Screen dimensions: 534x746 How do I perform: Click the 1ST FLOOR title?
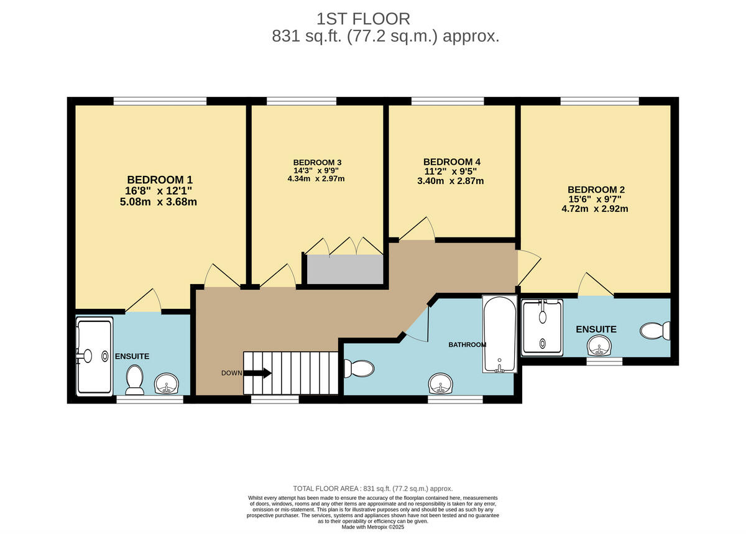coord(363,18)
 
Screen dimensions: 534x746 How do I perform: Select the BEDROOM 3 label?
coord(318,162)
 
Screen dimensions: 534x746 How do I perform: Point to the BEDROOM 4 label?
coord(451,162)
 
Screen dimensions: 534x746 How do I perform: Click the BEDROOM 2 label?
coord(596,189)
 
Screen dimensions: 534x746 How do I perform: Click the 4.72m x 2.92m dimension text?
coord(595,209)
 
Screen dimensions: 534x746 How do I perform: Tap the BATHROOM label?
coord(467,344)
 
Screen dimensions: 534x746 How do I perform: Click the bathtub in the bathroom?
coord(499,334)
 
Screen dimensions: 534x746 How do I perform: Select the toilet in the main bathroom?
coord(359,369)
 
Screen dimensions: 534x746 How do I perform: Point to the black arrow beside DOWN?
coord(257,373)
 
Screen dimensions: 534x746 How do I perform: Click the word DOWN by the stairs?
coord(232,373)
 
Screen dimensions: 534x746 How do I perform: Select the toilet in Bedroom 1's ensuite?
coord(134,379)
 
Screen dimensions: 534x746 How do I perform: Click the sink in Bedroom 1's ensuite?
coord(166,384)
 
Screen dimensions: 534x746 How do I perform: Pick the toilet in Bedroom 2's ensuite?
coord(655,330)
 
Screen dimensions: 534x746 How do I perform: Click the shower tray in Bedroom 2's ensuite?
coord(542,328)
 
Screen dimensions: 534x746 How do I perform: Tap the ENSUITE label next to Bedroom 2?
coord(596,329)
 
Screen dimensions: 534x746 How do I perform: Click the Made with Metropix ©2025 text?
coord(373,527)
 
